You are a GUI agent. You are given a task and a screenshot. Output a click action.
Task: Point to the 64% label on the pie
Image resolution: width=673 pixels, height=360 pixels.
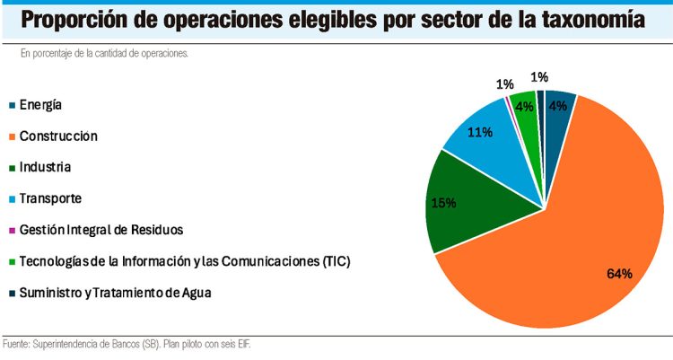click(x=618, y=273)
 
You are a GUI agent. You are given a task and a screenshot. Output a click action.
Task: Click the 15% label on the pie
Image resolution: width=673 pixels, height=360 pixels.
click(x=444, y=203)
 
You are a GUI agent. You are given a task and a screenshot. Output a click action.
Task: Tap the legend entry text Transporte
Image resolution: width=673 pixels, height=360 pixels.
click(x=50, y=198)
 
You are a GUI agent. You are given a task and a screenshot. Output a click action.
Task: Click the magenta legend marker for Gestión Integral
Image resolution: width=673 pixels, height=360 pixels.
click(x=11, y=230)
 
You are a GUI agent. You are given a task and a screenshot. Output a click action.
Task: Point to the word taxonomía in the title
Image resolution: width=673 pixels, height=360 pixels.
click(x=588, y=20)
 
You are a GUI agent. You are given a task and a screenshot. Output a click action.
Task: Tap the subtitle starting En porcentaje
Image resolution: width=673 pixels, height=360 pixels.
click(x=104, y=54)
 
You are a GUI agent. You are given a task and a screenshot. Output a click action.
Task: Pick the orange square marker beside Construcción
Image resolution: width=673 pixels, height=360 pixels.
click(x=11, y=136)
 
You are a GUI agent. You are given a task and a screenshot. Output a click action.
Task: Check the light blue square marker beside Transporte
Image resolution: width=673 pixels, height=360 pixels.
click(x=11, y=198)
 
